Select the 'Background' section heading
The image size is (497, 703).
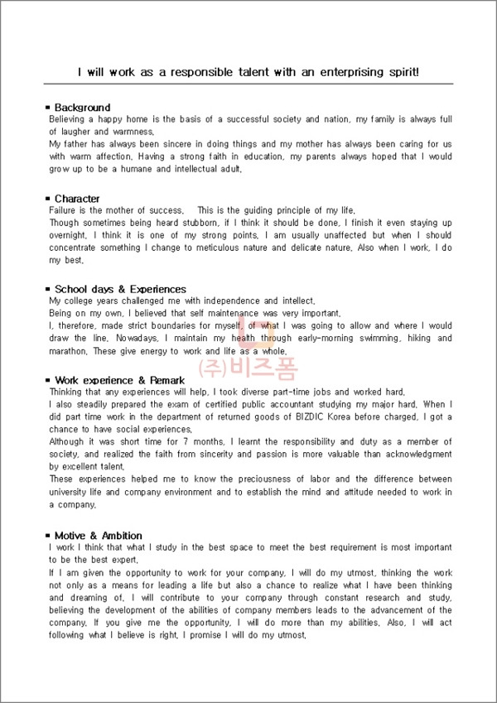[82, 108]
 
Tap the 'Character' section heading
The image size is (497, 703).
[77, 199]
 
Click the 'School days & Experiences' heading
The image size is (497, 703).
[120, 289]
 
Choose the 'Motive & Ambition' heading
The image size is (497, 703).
[98, 536]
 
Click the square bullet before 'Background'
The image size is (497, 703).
[47, 108]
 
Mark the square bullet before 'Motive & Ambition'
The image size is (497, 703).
[47, 536]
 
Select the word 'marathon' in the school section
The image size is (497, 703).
[69, 350]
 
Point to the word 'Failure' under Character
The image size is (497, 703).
[65, 210]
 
